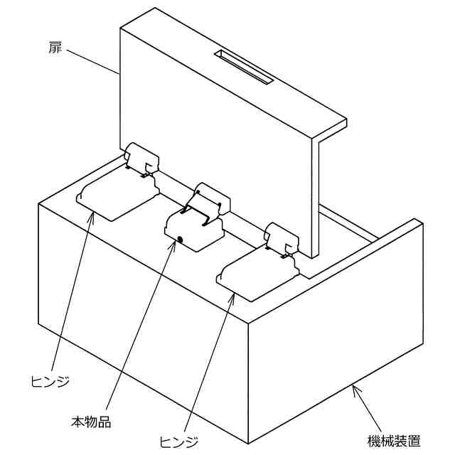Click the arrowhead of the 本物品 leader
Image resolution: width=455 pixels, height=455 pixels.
pyautogui.click(x=174, y=242)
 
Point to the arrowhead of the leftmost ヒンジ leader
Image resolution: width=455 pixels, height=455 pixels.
pyautogui.click(x=90, y=214)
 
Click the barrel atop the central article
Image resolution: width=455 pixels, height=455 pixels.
pyautogui.click(x=213, y=196)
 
